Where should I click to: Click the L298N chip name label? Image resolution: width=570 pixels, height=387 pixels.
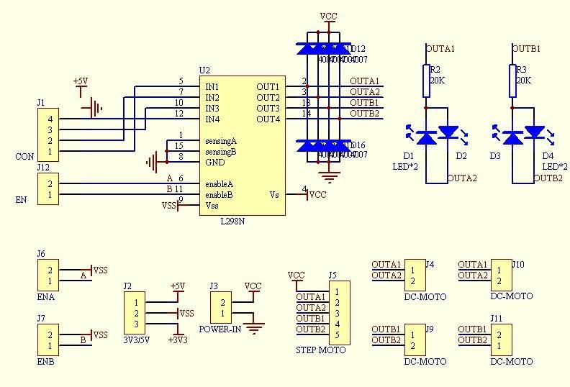232,222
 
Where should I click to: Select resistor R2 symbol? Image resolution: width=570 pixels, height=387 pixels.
426,81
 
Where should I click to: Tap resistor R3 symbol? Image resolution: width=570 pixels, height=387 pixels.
512,81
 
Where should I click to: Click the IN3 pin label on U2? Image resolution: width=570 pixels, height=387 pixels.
212,109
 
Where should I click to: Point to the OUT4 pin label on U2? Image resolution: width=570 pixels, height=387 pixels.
268,119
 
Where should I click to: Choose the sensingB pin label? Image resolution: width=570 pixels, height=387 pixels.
220,152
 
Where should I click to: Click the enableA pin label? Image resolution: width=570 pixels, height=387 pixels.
219,184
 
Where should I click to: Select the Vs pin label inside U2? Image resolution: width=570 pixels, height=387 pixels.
274,195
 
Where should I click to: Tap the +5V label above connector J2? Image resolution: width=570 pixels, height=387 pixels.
177,286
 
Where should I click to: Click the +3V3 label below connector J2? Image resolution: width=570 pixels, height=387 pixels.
177,340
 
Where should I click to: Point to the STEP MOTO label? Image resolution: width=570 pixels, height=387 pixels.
320,350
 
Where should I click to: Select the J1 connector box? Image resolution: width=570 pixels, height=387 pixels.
49,135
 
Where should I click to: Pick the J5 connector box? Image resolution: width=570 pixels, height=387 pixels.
337,314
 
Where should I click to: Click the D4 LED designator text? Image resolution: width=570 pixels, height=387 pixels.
548,156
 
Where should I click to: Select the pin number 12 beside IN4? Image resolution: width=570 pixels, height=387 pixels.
178,114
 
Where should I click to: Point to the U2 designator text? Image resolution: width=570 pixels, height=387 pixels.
204,70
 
